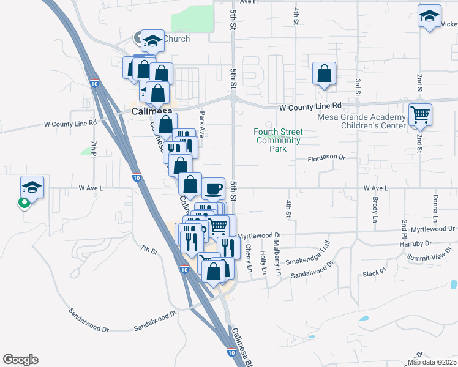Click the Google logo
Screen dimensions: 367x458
[x=20, y=360]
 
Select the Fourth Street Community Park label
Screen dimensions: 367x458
[x=279, y=140]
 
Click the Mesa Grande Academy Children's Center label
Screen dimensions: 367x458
[x=361, y=122]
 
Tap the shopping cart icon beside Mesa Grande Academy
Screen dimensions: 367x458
[x=421, y=114]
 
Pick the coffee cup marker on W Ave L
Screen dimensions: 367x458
[x=213, y=188]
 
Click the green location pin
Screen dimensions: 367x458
[x=24, y=202]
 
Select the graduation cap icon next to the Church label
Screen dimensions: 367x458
[x=152, y=41]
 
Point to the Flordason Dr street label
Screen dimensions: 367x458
[x=326, y=157]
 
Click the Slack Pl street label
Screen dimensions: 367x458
[x=375, y=273]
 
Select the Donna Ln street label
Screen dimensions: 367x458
[x=435, y=208]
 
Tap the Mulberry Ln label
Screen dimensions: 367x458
[x=279, y=262]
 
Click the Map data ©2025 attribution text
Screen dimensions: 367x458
[x=432, y=362]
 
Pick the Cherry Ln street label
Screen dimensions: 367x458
[x=249, y=258]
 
